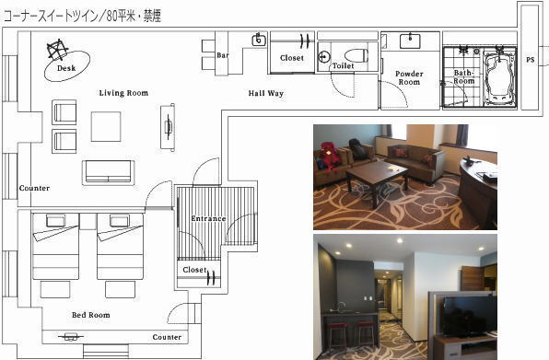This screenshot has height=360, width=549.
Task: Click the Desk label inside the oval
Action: click(66, 68)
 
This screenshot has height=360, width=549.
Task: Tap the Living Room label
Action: click(123, 93)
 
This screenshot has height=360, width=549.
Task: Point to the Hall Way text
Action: click(265, 93)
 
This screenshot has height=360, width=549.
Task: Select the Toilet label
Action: click(343, 65)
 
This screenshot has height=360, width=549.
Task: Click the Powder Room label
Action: click(409, 78)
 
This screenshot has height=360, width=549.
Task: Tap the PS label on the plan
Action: click(530, 60)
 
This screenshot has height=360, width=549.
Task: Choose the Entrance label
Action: click(208, 218)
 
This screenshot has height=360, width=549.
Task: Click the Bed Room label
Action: click(90, 315)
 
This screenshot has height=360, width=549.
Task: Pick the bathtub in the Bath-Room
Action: click(499, 77)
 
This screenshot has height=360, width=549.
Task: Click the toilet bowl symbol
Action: click(356, 55)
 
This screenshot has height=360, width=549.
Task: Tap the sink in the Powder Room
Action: click(410, 41)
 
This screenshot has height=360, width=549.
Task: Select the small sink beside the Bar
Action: click(259, 40)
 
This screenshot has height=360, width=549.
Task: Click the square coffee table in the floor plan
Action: click(106, 127)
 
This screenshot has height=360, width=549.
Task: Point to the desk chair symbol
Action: click(57, 50)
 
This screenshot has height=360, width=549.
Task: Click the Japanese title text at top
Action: click(82, 17)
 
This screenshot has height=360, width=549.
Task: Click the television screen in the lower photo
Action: click(469, 315)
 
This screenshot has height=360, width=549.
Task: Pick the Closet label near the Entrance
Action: click(194, 270)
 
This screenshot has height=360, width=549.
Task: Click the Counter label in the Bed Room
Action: click(167, 337)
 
